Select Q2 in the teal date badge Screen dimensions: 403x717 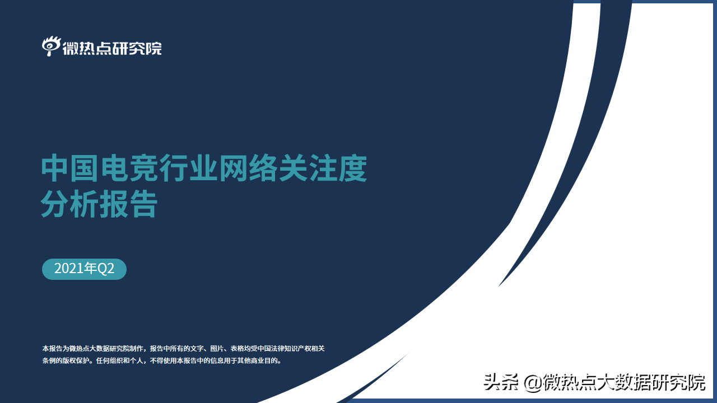click(x=106, y=269)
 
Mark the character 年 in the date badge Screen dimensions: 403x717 click(x=90, y=269)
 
